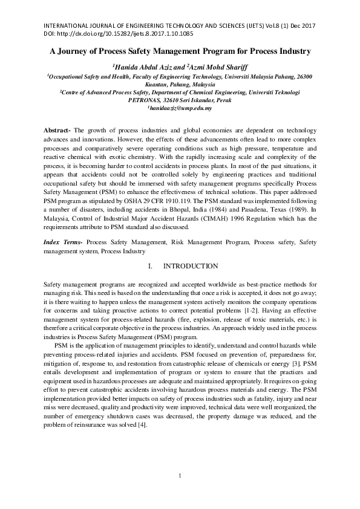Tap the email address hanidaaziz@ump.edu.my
pyautogui.click(x=180, y=107)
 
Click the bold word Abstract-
pyautogui.click(x=59, y=131)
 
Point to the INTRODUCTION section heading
pyautogui.click(x=191, y=266)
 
